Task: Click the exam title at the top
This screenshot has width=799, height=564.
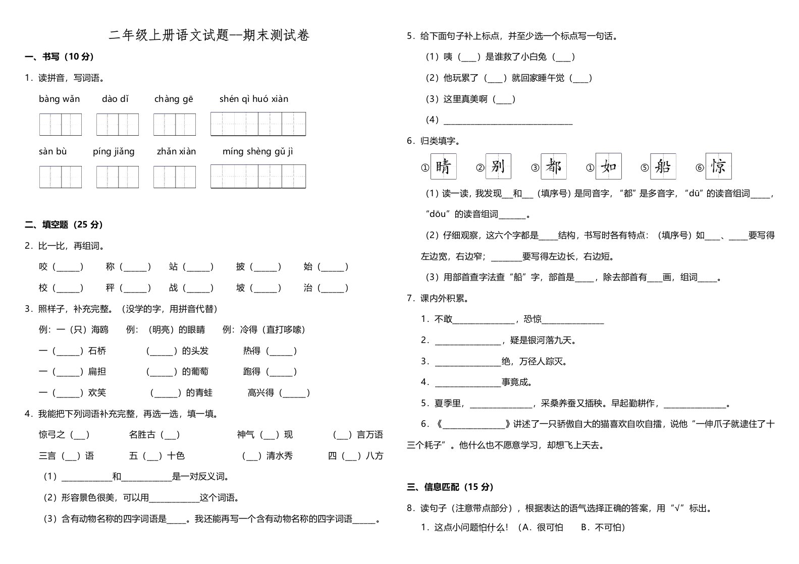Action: click(209, 35)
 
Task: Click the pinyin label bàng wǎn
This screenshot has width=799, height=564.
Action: click(59, 99)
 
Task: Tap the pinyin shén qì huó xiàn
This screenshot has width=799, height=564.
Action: click(254, 99)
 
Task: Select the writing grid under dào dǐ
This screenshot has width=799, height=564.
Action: click(118, 125)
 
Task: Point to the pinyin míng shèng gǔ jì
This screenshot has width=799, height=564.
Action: click(257, 151)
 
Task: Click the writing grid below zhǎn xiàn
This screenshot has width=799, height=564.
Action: click(175, 177)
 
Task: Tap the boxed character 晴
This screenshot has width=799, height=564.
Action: click(443, 166)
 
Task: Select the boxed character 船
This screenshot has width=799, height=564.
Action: click(663, 166)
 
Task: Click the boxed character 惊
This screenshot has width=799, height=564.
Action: click(718, 166)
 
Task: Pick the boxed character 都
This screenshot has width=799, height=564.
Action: click(553, 166)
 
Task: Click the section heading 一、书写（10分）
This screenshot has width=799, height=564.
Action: click(60, 57)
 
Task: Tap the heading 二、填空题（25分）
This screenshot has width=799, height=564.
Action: click(64, 225)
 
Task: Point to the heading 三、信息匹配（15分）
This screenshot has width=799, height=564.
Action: click(450, 487)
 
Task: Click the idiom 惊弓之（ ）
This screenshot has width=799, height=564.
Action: click(64, 435)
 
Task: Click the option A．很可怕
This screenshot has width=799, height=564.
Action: click(543, 528)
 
